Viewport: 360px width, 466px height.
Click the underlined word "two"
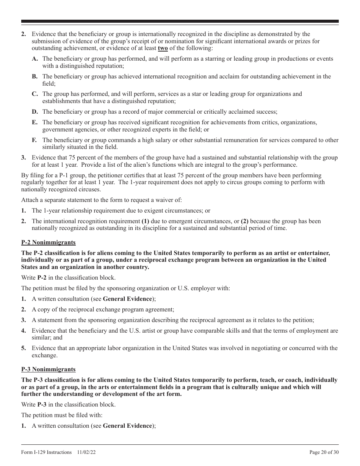click(x=163, y=48)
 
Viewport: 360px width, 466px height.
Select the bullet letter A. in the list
click(x=35, y=59)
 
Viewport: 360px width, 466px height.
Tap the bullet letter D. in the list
click(x=35, y=112)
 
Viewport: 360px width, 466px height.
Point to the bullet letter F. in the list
click(x=34, y=140)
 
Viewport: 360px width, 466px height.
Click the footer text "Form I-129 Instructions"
click(x=46, y=452)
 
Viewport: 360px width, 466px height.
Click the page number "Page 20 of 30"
click(x=324, y=452)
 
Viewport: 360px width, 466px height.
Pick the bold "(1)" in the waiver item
click(x=145, y=221)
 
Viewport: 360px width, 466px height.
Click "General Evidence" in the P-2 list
click(x=127, y=299)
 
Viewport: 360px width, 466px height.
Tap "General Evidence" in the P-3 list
click(x=127, y=425)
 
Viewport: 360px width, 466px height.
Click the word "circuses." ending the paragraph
click(x=89, y=189)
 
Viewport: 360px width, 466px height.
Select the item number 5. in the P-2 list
click(x=23, y=348)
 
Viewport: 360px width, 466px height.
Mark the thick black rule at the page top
click(x=180, y=21)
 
